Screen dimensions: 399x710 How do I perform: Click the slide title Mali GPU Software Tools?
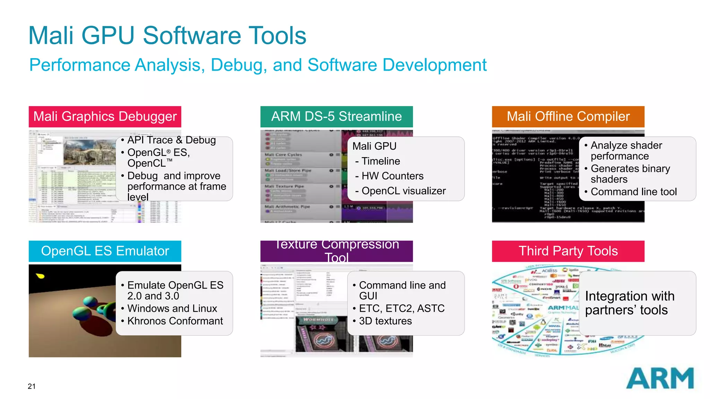[167, 36]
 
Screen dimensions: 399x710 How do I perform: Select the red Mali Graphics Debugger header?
[105, 117]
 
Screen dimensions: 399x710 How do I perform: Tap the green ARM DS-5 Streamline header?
[336, 117]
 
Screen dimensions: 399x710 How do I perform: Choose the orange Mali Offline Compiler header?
[568, 117]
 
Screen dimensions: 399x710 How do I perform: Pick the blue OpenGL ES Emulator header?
[105, 251]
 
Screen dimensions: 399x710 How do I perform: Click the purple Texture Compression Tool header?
[336, 251]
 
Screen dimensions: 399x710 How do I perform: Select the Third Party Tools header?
[568, 251]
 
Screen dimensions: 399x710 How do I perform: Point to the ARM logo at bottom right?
[660, 379]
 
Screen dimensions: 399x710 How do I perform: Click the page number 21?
[32, 387]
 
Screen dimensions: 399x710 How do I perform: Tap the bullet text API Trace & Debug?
[171, 140]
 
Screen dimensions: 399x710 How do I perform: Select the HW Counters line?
[392, 176]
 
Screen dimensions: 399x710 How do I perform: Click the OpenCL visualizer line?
[403, 191]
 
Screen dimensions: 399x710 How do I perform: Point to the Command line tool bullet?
[633, 192]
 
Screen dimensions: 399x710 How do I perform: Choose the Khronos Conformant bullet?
[175, 321]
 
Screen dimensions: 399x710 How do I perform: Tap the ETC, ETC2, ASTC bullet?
[401, 308]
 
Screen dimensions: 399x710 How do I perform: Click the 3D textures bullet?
[385, 321]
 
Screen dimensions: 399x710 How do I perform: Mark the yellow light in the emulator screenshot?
[41, 276]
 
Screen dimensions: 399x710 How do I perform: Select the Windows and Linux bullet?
[172, 308]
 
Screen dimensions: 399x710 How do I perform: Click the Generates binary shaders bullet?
[630, 174]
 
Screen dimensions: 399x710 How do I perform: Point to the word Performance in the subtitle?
[72, 65]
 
